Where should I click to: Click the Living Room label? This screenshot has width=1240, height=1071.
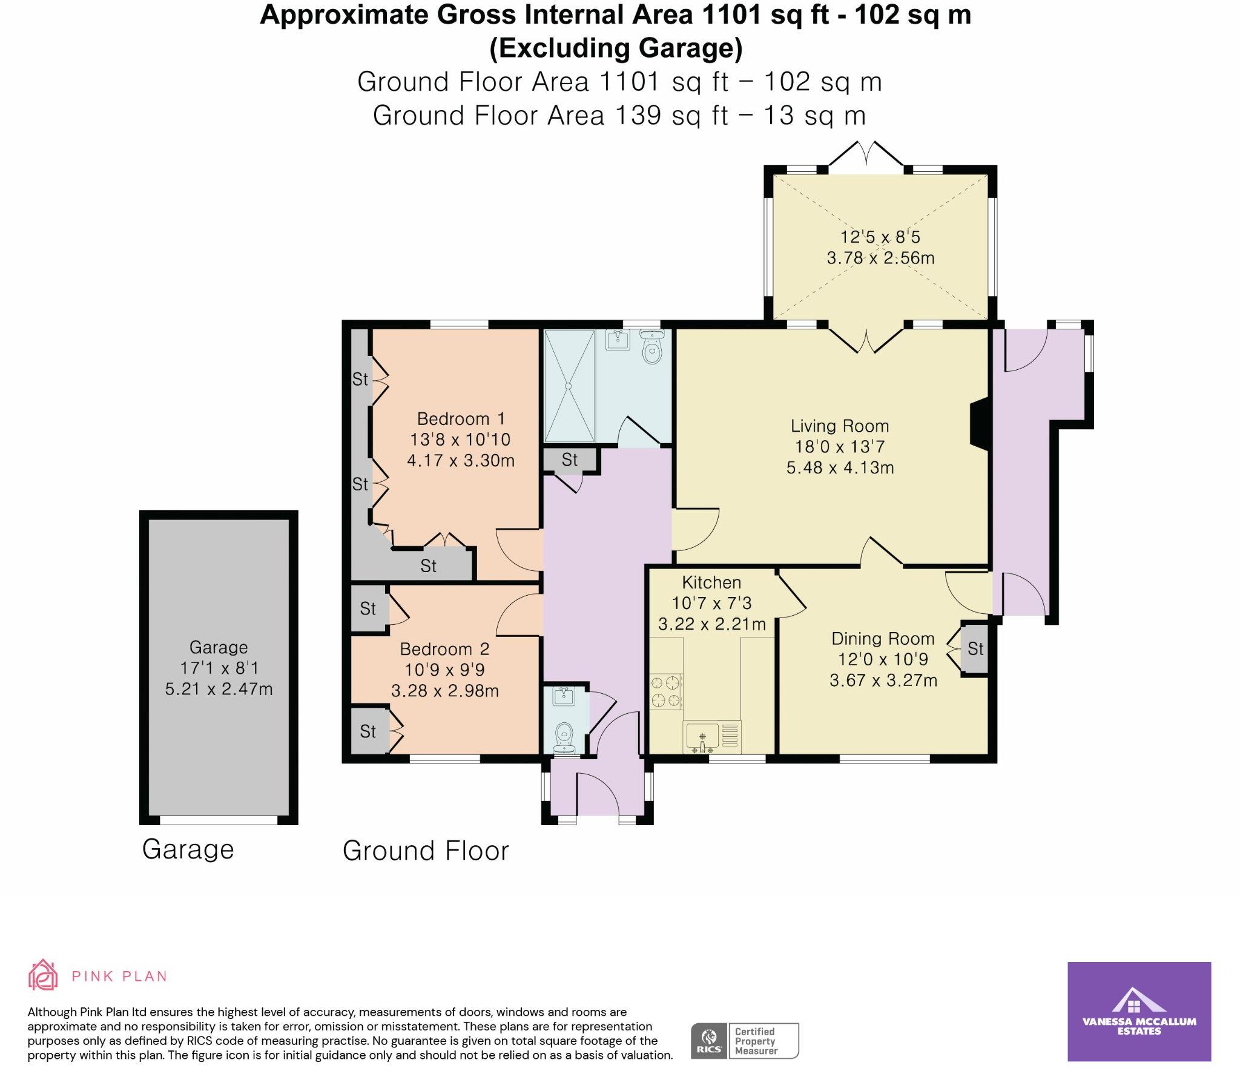(x=839, y=426)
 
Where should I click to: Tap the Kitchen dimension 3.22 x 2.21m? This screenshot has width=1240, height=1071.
(x=711, y=624)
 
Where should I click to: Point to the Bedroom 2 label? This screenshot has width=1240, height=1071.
(x=444, y=650)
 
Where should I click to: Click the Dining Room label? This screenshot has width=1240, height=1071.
(x=883, y=639)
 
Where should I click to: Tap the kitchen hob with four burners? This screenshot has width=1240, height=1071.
(x=665, y=692)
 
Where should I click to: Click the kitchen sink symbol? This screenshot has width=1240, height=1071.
(x=702, y=737)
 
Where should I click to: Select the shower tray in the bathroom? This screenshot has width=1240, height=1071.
(x=569, y=386)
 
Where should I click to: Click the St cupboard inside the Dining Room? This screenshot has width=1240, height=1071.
(x=975, y=649)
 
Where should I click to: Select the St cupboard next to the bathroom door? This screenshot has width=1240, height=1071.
(x=569, y=460)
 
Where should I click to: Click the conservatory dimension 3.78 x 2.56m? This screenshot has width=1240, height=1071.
(x=880, y=258)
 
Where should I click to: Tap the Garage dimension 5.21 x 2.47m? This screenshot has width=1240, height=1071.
(x=219, y=689)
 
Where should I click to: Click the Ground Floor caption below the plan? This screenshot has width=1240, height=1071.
(x=426, y=851)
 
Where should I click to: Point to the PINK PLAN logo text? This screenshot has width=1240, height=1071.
(x=119, y=977)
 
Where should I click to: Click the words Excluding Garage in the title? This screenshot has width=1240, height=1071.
(x=616, y=48)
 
